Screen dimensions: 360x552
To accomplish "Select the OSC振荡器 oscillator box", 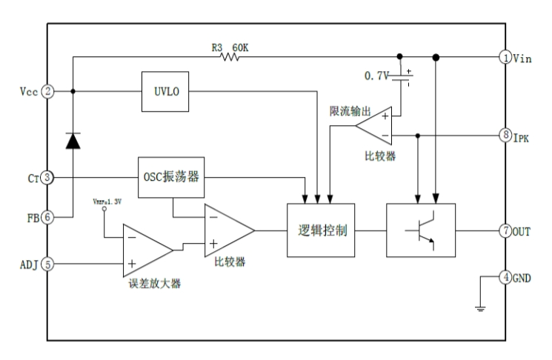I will tap(171, 178).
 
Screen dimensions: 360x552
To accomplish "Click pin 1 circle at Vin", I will tap(504, 57).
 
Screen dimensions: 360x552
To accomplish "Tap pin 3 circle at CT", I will tap(47, 178).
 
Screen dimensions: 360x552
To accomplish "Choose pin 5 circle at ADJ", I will tap(47, 261).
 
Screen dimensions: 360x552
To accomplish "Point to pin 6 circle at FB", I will tap(47, 218).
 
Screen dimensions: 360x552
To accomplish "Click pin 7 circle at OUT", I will tap(504, 231).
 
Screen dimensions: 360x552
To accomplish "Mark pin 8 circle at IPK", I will tap(504, 136).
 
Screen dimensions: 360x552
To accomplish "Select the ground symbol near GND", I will tap(480, 306).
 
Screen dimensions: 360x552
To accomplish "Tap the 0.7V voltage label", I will tap(378, 76).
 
